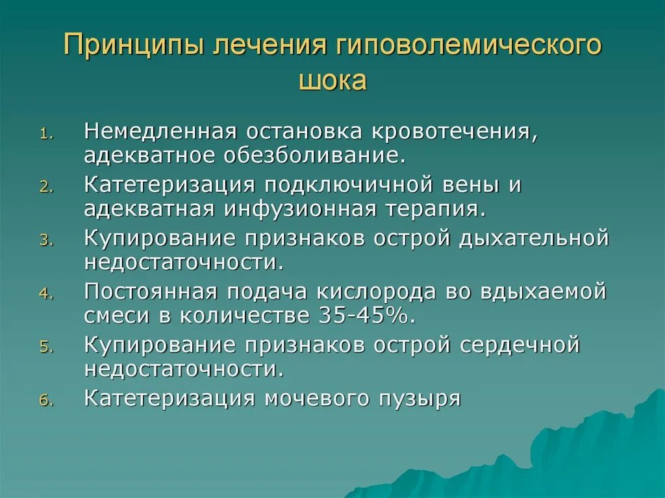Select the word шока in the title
(332, 81)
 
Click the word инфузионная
(300, 209)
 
